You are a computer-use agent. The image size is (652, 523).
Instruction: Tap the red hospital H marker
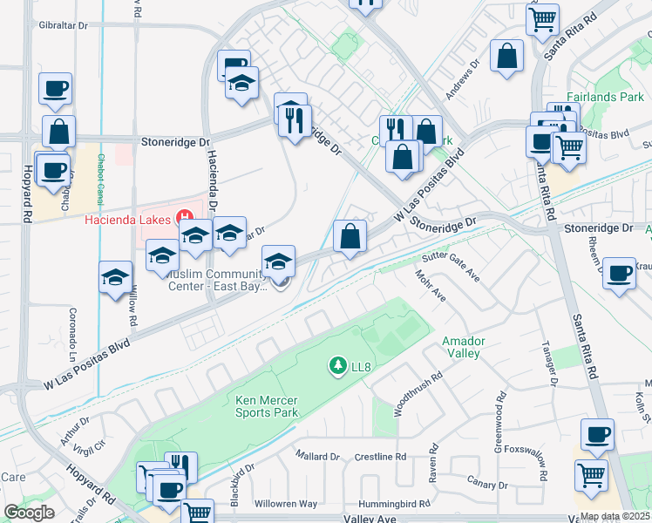point(184,217)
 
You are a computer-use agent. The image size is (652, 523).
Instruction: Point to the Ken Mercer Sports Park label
point(268,406)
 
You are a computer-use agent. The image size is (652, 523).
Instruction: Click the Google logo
point(30,512)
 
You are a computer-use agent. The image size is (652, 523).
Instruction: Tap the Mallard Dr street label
point(317,456)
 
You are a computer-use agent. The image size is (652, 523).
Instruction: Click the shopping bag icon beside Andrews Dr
point(507,57)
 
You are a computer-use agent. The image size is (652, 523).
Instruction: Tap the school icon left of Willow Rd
point(116,277)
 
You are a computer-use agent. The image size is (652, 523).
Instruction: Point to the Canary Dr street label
point(487,483)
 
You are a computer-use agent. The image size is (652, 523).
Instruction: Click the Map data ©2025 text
point(615,516)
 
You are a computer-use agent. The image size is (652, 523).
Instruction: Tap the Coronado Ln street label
point(73,321)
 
